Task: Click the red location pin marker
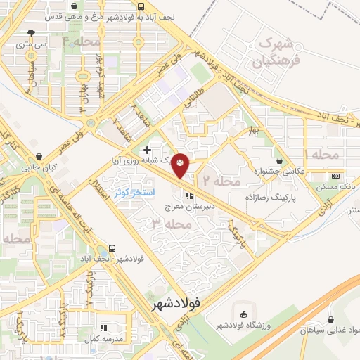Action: [181, 164]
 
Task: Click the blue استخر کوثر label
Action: [134, 191]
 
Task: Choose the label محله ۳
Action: [172, 224]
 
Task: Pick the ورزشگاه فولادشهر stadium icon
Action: [243, 313]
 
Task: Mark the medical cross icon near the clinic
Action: [147, 150]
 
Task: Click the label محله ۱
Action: [323, 154]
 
